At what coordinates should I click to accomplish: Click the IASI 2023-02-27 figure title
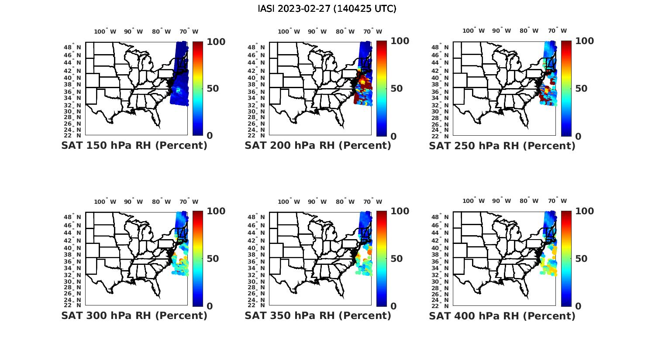(327, 9)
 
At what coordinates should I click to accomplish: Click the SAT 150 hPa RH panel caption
(134, 146)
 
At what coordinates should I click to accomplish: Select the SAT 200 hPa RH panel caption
(318, 146)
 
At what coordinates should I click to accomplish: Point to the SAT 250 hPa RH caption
(502, 146)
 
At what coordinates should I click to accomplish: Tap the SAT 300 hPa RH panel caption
(134, 315)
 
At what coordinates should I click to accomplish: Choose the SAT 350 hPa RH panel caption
(318, 315)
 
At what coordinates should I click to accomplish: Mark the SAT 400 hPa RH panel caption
(502, 315)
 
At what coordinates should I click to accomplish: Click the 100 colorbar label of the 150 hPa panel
(216, 41)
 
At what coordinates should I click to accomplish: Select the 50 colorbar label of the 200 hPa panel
(396, 89)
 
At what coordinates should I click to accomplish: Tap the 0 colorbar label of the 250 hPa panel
(578, 136)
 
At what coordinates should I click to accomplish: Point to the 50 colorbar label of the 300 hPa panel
(213, 259)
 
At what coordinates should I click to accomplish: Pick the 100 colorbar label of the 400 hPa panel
(584, 211)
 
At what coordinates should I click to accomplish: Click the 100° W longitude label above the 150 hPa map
(105, 31)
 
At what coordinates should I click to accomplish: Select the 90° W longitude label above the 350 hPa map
(317, 202)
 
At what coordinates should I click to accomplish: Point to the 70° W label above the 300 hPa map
(189, 202)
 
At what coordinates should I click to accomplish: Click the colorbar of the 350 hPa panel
(382, 259)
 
